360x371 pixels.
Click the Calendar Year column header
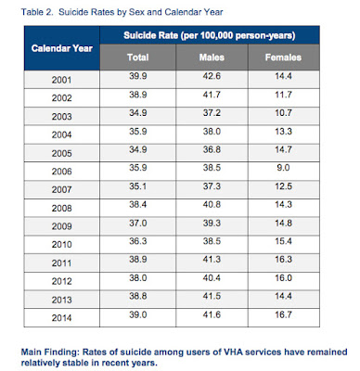tap(62, 48)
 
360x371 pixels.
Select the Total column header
tap(138, 58)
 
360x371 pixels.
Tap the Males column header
tap(212, 58)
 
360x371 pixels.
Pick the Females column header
tap(283, 58)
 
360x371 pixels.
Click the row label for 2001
tap(61, 80)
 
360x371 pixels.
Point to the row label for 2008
tap(61, 208)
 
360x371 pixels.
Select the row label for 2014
tap(61, 318)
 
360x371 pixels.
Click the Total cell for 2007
tap(138, 186)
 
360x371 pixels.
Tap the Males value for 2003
tap(212, 113)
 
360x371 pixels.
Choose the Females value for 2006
tap(283, 168)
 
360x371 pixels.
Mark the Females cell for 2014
tap(283, 314)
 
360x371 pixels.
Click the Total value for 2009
tap(138, 223)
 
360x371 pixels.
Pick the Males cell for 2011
tap(212, 259)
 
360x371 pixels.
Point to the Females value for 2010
tap(283, 241)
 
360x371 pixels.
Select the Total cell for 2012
tap(138, 277)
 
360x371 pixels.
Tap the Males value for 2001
tap(212, 76)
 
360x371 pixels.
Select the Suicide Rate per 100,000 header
tap(210, 35)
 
